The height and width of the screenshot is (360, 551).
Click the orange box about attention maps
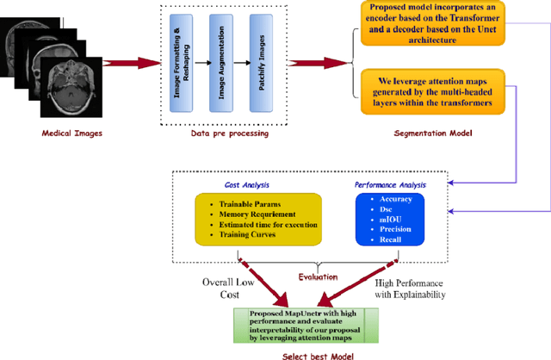point(433,90)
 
